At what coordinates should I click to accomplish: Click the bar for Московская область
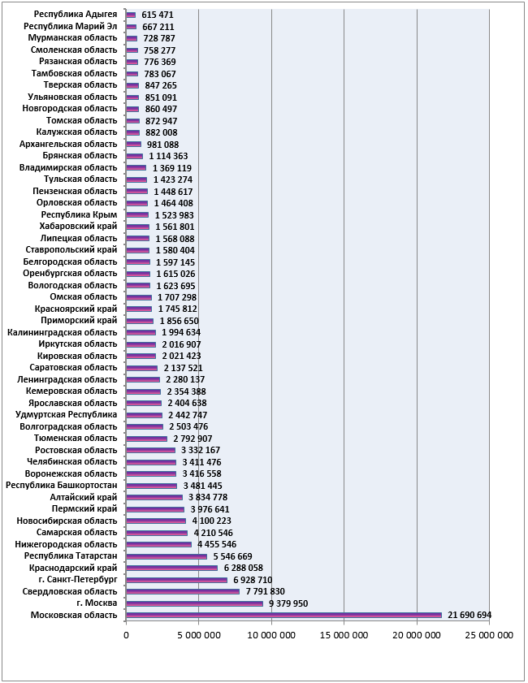pos(283,615)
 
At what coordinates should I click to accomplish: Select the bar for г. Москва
pos(194,603)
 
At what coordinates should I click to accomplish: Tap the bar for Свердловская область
pos(183,591)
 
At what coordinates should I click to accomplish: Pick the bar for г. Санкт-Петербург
pos(176,580)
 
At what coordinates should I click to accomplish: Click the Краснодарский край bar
pos(171,568)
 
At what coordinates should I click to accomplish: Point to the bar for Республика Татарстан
pos(167,556)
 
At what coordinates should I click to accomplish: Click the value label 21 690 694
pos(470,615)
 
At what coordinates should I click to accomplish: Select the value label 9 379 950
pos(288,603)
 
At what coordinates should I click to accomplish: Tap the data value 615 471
pos(158,15)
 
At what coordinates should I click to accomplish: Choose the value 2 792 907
pos(193,439)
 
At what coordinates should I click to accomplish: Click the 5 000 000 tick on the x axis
pos(199,635)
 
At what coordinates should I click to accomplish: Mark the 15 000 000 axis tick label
pos(344,635)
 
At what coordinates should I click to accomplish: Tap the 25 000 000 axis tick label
pos(489,635)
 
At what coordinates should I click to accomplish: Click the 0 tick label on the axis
pos(127,635)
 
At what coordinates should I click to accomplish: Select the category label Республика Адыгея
pos(76,15)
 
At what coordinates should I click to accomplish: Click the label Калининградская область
pos(63,332)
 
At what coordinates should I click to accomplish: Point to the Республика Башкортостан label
pos(62,485)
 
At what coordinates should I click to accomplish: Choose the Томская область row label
pos(82,120)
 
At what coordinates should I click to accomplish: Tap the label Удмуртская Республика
pos(67,415)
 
